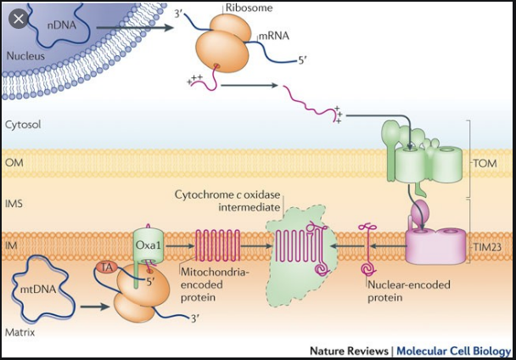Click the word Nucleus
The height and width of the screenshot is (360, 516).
[x=25, y=57]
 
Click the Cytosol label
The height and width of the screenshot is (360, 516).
[x=24, y=124]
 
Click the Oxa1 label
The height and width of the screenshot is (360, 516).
[x=148, y=245]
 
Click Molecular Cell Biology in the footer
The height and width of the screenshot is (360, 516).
[x=454, y=351]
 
